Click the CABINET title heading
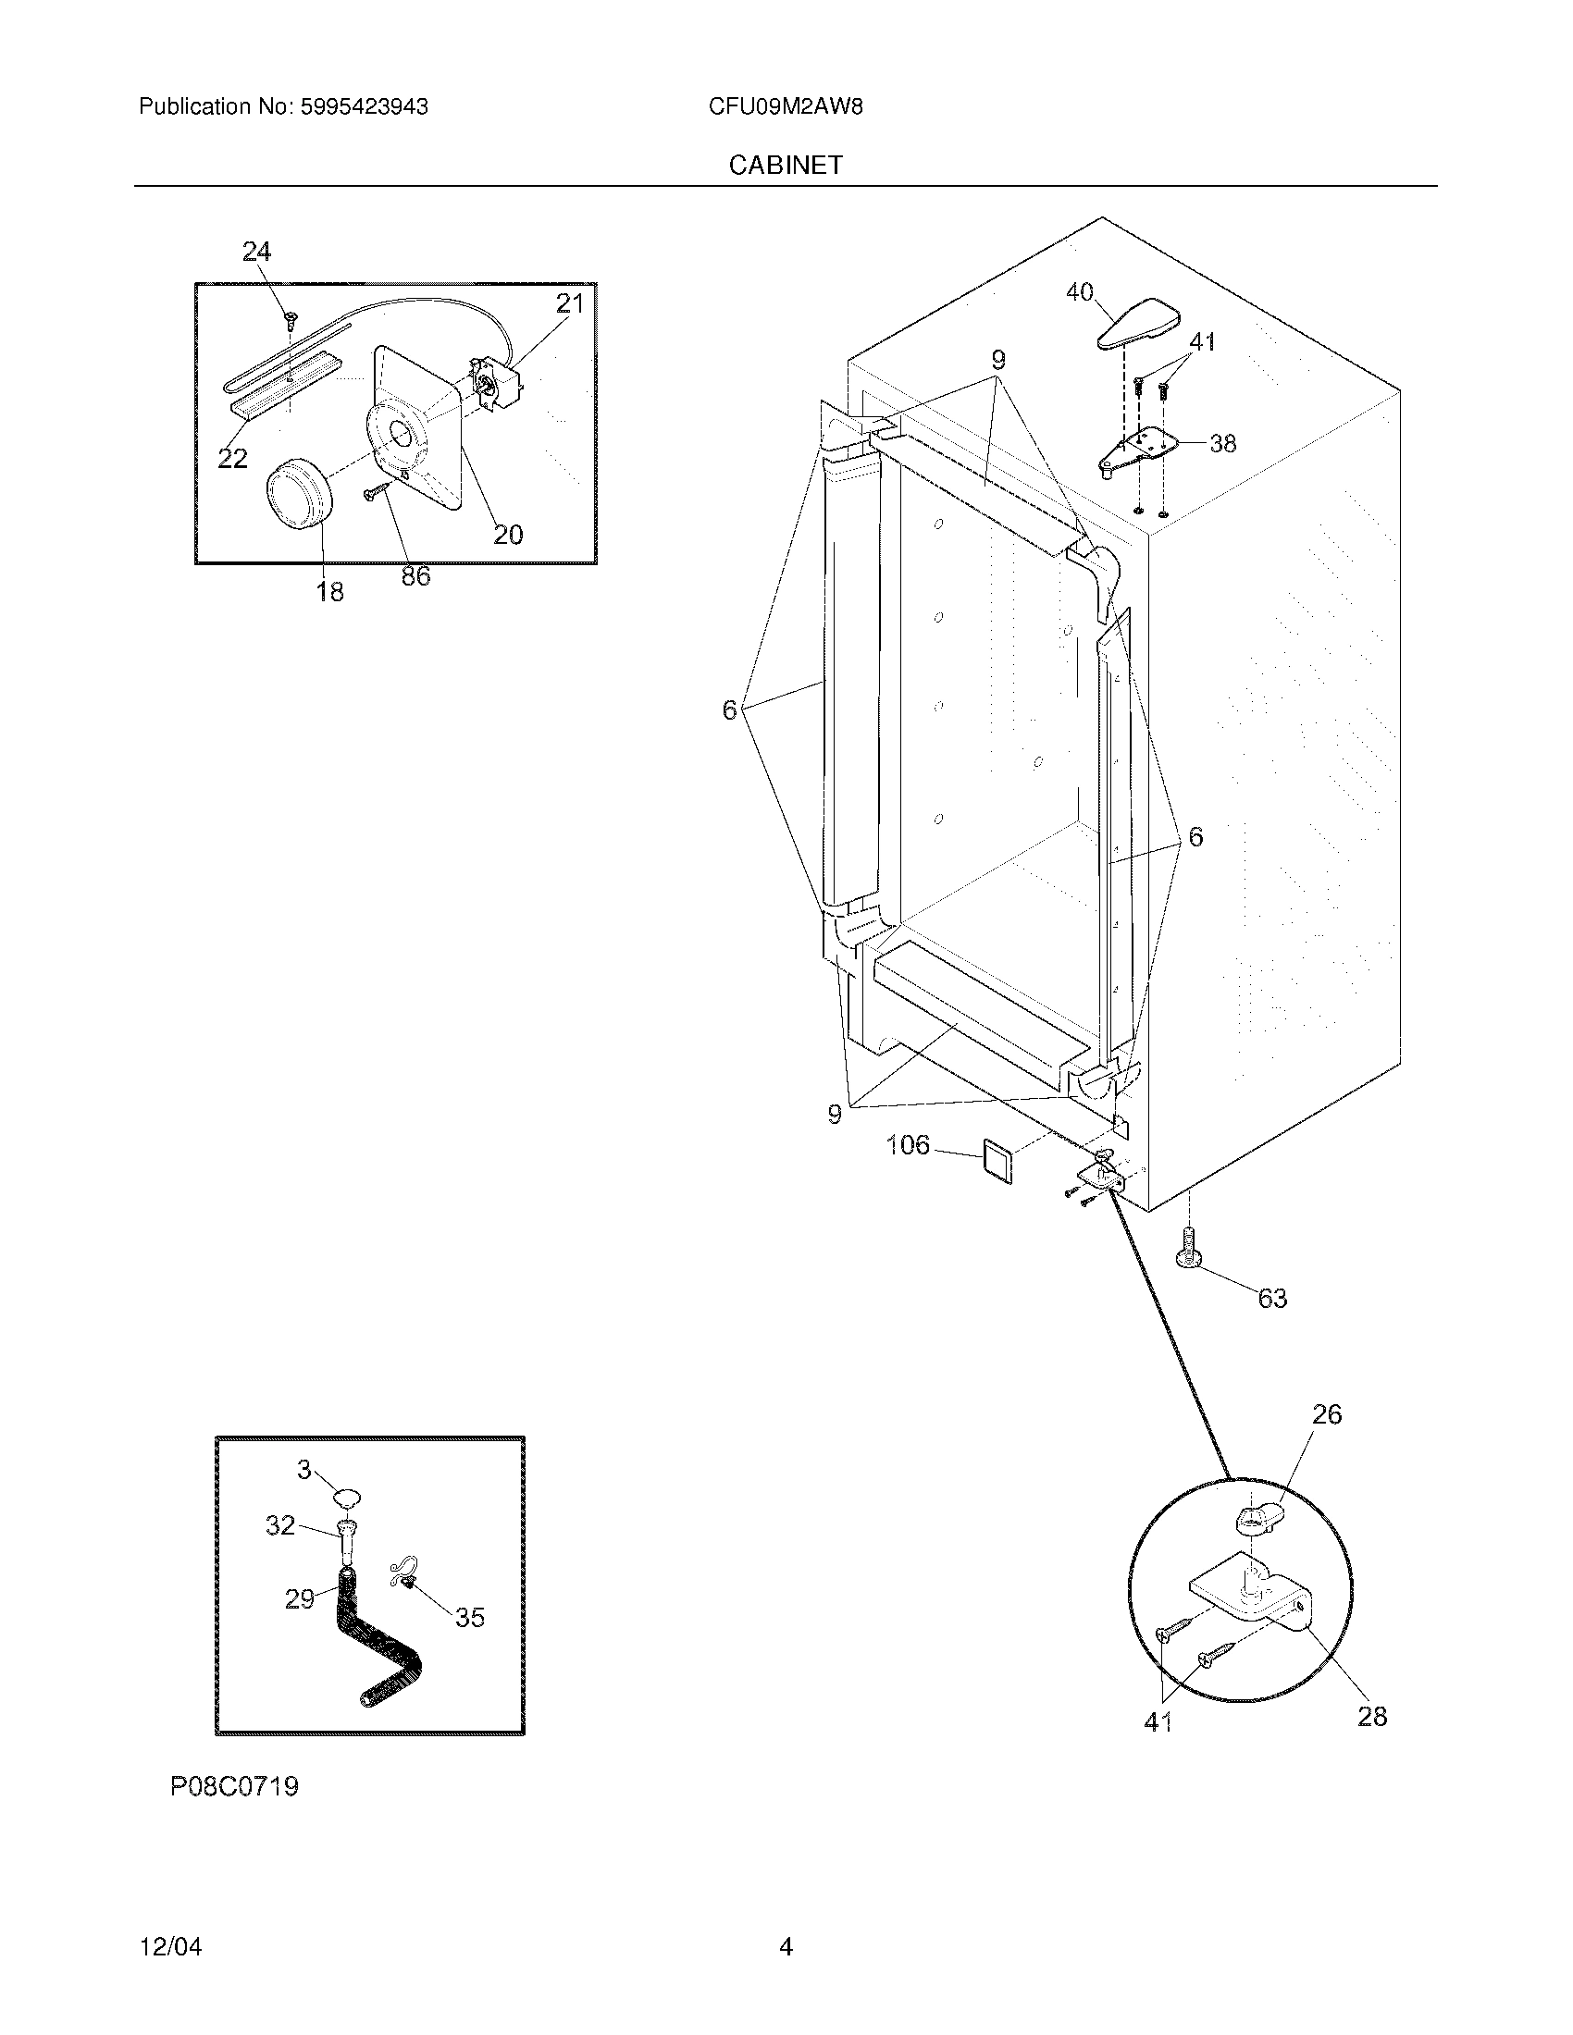point(785,165)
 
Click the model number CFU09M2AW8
point(785,106)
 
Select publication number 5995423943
point(363,106)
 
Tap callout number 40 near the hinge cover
point(1079,292)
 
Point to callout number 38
point(1222,443)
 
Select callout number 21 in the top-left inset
point(569,302)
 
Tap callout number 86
point(415,576)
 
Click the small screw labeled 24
point(290,320)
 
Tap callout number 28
point(1371,1715)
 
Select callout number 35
point(470,1618)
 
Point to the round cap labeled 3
point(348,1498)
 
